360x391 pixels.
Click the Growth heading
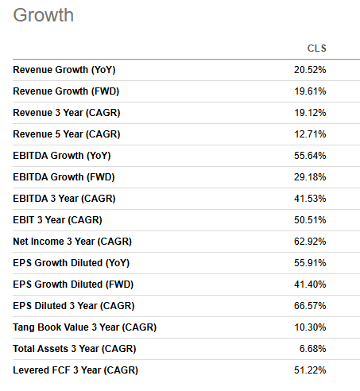[x=43, y=16]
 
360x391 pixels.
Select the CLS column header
[x=316, y=48]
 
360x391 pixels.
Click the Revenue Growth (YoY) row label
[x=64, y=70]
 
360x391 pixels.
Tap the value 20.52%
[x=310, y=70]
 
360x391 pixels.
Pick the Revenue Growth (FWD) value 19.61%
[x=310, y=91]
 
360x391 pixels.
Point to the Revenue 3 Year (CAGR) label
[x=66, y=113]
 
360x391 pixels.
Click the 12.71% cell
[x=310, y=134]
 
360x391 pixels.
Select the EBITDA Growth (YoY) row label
[x=64, y=156]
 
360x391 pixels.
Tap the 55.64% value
[x=310, y=156]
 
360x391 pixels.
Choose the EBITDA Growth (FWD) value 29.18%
[x=310, y=177]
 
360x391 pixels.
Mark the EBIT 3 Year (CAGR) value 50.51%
[x=310, y=220]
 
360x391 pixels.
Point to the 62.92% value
[x=310, y=242]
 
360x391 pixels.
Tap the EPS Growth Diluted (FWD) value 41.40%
[x=310, y=285]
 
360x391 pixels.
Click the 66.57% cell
[x=310, y=306]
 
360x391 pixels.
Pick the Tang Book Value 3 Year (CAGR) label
[x=85, y=327]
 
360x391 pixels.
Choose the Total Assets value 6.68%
[x=312, y=349]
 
